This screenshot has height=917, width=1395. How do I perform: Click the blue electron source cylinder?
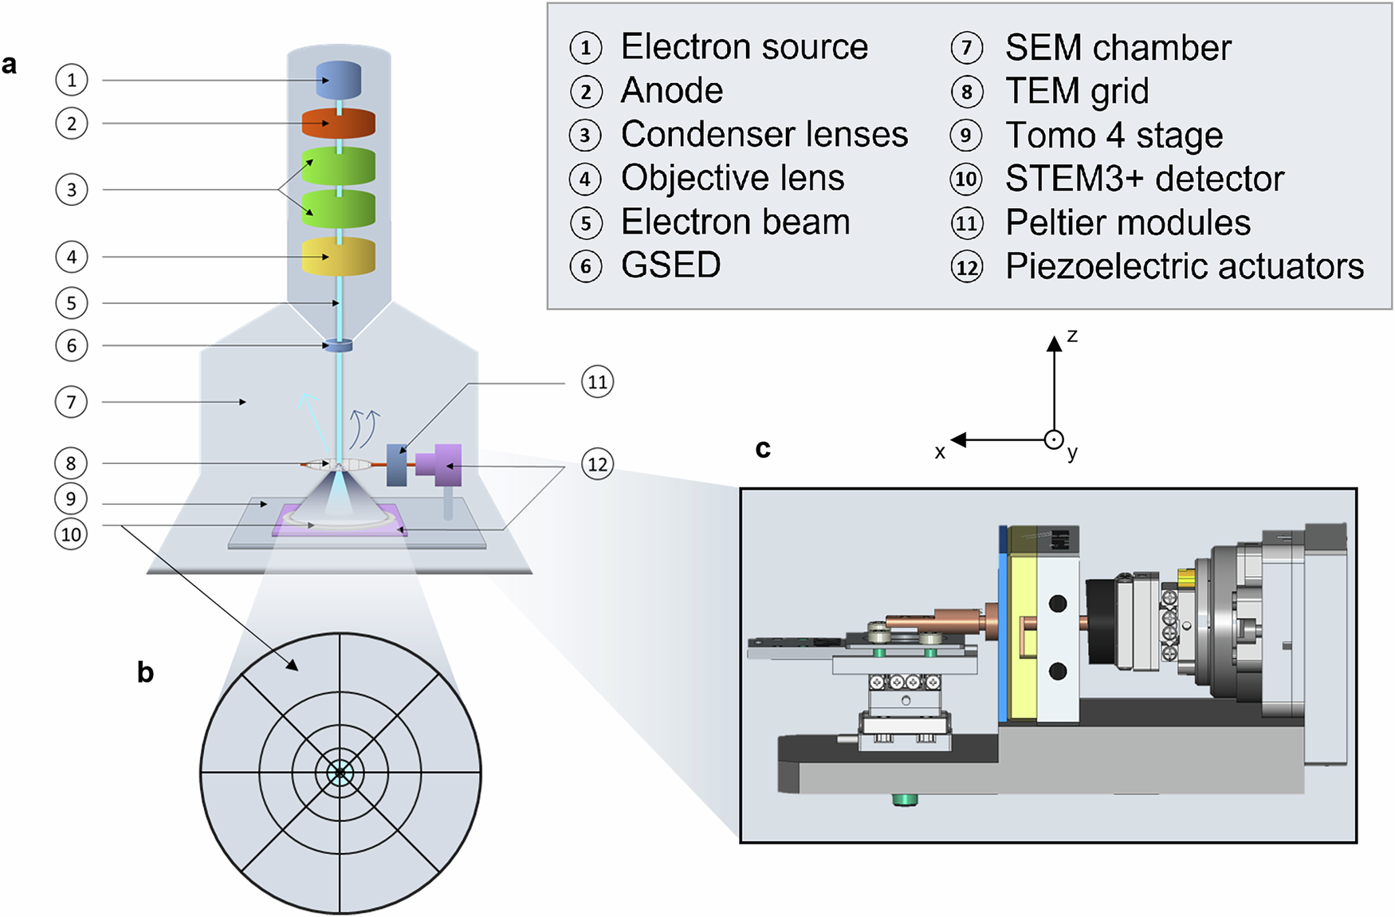point(339,80)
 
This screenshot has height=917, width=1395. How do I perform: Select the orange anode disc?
point(339,124)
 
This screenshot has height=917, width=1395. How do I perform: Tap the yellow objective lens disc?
point(339,257)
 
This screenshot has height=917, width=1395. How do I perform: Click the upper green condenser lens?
point(339,166)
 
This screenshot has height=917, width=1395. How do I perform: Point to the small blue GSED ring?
point(338,345)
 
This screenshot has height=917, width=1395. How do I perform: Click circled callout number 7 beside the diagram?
point(71,402)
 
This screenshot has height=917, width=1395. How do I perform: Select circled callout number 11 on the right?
point(597,382)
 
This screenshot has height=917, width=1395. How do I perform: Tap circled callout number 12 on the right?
point(597,464)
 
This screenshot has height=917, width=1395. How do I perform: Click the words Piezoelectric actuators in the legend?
point(1184,266)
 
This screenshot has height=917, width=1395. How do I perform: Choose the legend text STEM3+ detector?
point(1144,179)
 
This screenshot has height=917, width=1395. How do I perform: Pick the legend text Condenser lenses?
point(764,134)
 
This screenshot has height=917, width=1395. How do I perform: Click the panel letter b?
point(145,672)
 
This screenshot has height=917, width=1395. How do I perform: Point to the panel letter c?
point(763,448)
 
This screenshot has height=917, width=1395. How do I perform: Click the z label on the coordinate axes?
point(1072,336)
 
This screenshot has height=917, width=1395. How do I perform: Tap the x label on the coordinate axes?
point(940,452)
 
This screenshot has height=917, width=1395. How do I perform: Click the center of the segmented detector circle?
point(340,773)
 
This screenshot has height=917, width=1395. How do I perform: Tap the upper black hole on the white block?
point(1058,604)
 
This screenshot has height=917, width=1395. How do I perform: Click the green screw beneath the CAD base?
point(905,799)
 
